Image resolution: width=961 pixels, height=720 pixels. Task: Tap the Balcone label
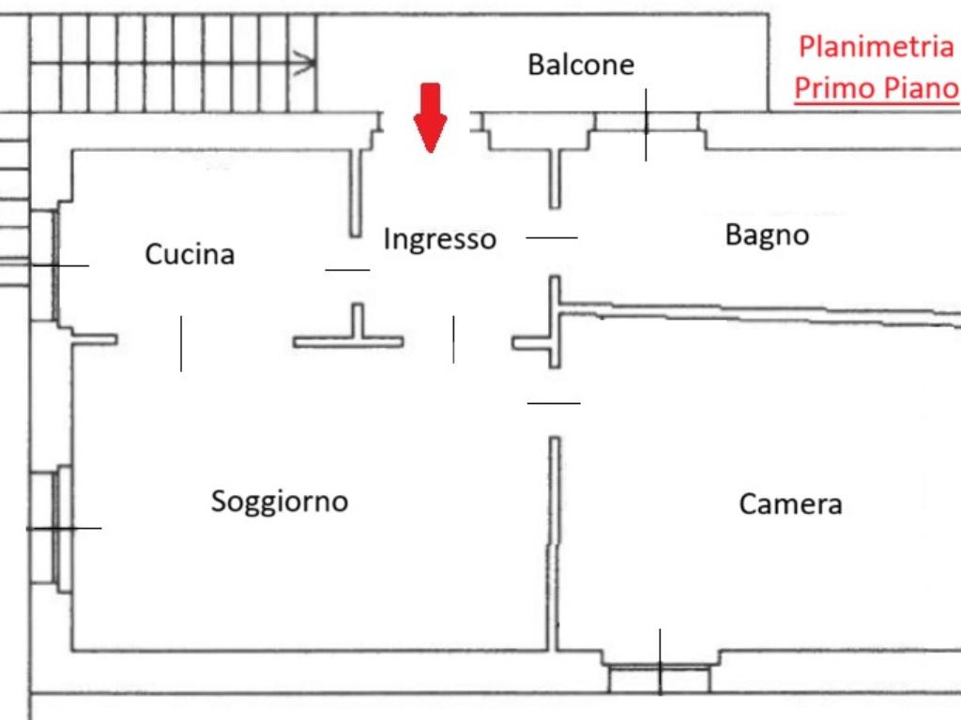pyautogui.click(x=581, y=65)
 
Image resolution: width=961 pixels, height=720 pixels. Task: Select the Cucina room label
pyautogui.click(x=190, y=254)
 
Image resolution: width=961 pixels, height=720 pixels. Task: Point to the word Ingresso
pyautogui.click(x=439, y=238)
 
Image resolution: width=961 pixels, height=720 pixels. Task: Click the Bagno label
pyautogui.click(x=767, y=234)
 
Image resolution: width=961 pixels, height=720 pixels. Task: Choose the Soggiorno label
pyautogui.click(x=279, y=501)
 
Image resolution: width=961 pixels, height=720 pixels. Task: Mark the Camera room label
pyautogui.click(x=790, y=504)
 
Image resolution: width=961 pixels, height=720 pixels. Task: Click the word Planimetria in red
pyautogui.click(x=876, y=47)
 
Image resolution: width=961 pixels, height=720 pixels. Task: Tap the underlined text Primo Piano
pyautogui.click(x=877, y=88)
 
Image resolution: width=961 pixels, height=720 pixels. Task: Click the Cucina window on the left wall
pyautogui.click(x=47, y=265)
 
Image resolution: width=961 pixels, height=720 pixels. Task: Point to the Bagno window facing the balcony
pyautogui.click(x=646, y=123)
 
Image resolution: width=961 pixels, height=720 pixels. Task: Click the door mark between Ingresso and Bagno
pyautogui.click(x=552, y=238)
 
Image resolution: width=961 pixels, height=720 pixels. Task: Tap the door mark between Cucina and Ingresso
pyautogui.click(x=347, y=270)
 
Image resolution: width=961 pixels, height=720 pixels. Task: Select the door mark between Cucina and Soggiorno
pyautogui.click(x=181, y=343)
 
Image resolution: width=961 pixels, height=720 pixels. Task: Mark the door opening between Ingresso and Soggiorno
pyautogui.click(x=454, y=339)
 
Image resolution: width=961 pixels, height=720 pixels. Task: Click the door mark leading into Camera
pyautogui.click(x=554, y=403)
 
